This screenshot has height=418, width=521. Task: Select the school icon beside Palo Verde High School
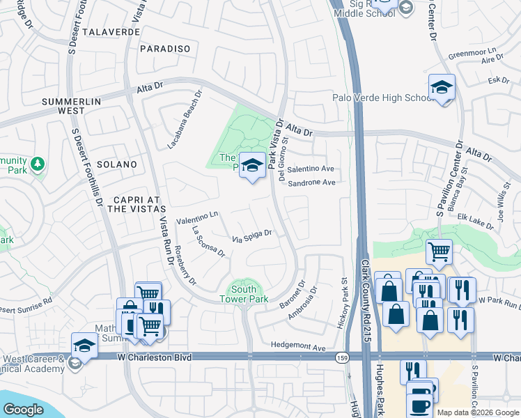click(441, 88)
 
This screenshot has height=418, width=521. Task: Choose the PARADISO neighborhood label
click(165, 48)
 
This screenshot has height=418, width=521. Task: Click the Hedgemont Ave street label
click(298, 347)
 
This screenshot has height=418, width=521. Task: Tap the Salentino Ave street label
click(311, 169)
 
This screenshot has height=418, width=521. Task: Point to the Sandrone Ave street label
click(311, 183)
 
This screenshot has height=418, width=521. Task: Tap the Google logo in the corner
click(23, 410)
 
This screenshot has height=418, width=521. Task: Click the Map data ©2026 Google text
click(478, 412)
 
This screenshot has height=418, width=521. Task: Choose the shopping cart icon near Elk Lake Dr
click(439, 251)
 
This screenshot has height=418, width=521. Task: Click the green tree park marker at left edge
click(37, 164)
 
